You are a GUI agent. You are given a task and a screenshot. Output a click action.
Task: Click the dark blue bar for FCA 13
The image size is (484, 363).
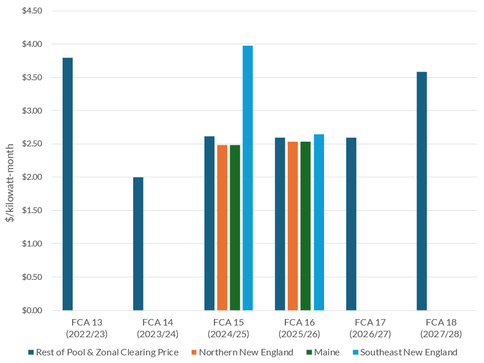(x=67, y=184)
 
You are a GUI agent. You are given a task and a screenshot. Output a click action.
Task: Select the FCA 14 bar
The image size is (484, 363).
(x=138, y=244)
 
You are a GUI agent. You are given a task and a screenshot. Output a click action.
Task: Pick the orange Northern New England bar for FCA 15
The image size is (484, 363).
(x=222, y=228)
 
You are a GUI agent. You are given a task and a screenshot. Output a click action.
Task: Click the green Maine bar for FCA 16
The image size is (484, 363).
(x=306, y=226)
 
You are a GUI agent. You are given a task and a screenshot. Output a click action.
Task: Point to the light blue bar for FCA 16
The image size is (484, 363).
(x=319, y=222)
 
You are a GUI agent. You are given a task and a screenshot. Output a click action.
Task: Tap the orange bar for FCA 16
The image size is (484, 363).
(x=293, y=226)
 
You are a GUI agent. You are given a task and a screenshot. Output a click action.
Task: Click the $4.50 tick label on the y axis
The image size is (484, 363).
(x=32, y=11)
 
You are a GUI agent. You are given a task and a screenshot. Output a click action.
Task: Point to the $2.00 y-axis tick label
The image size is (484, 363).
(x=32, y=177)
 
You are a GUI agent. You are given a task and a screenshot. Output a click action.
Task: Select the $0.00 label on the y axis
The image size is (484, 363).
(x=32, y=310)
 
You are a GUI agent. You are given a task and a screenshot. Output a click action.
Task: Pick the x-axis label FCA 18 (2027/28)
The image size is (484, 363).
(x=441, y=328)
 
